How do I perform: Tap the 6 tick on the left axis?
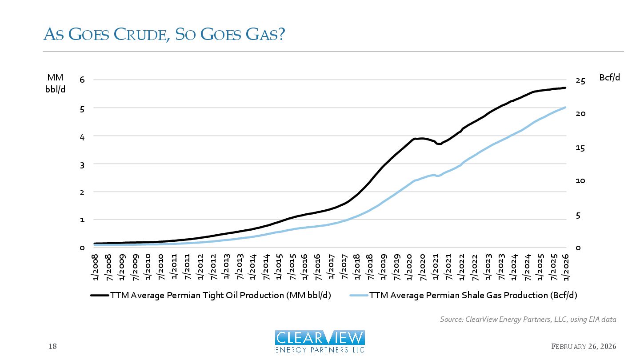(x=82, y=80)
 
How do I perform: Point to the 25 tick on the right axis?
(x=580, y=80)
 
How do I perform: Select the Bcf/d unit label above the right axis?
(x=609, y=77)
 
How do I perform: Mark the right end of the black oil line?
(x=565, y=88)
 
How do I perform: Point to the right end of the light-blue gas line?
(x=565, y=107)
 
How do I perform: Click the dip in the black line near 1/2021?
(x=439, y=144)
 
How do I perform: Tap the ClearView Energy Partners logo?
(x=320, y=341)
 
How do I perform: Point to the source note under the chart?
(x=528, y=319)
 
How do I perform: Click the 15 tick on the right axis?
(x=580, y=148)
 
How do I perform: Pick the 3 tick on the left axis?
(x=82, y=164)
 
